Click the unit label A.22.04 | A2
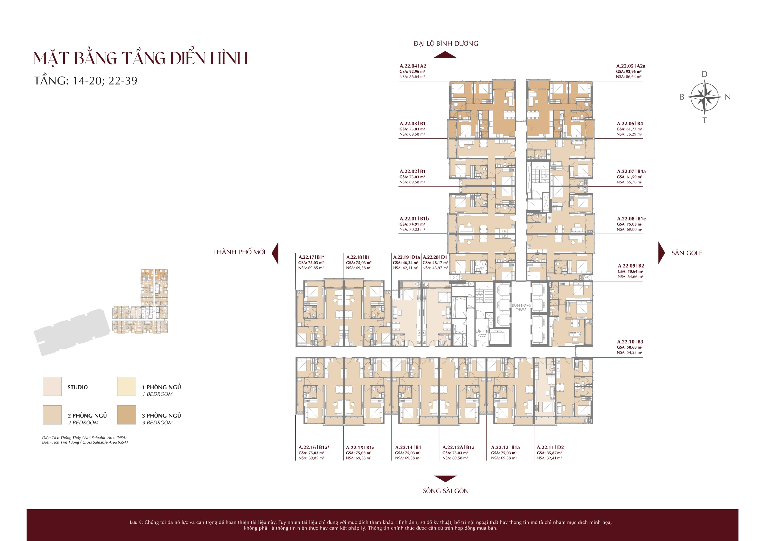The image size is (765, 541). point(413,66)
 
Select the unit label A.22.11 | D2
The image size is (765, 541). point(550,447)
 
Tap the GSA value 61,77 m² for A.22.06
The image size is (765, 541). point(629,129)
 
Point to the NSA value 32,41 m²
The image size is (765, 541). point(549,458)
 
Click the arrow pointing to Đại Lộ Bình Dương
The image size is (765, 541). point(446,55)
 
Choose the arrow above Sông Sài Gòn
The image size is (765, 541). point(446,479)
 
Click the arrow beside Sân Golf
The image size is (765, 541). point(661,253)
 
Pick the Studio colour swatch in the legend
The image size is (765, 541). point(52,387)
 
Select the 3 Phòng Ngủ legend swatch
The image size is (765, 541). point(127,415)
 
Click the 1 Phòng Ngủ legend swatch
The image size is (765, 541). point(127,387)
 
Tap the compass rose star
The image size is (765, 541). point(704,97)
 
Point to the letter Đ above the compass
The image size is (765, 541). point(704,74)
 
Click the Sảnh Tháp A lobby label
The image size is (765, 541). point(521,307)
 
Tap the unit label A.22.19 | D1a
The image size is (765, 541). point(406,257)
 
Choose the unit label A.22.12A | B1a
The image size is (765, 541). point(459,447)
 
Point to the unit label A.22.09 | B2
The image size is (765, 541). point(631,265)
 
